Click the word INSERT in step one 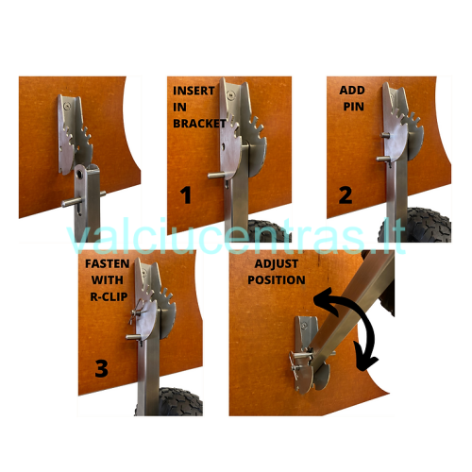click(194, 91)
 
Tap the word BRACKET click(199, 124)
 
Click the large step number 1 click(186, 194)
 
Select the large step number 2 click(346, 195)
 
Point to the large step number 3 click(101, 368)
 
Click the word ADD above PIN click(352, 91)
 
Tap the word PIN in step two click(354, 107)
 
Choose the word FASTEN click(108, 263)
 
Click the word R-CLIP click(109, 296)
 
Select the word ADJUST click(277, 263)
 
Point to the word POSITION click(277, 280)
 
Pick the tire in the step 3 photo click(180, 402)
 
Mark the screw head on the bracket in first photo click(67, 106)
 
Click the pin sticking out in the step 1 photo click(216, 175)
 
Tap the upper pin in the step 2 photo click(385, 135)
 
